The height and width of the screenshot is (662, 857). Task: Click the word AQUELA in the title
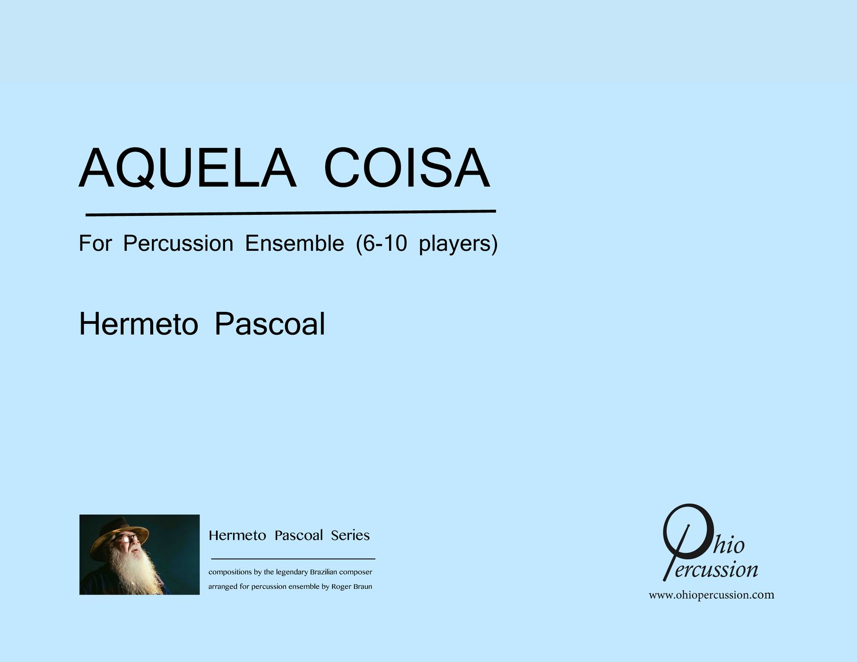[187, 168]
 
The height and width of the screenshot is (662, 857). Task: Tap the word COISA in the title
[407, 167]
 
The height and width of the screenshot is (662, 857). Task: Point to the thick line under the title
[291, 213]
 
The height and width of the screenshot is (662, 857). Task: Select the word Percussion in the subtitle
[178, 243]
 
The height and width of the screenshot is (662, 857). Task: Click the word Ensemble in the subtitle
[294, 243]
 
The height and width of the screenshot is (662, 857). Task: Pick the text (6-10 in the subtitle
[382, 244]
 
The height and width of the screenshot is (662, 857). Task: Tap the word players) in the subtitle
[458, 244]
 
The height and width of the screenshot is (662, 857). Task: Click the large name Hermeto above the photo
[138, 324]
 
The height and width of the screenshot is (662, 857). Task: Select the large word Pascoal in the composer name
[270, 324]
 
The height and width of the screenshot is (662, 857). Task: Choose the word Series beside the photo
[350, 535]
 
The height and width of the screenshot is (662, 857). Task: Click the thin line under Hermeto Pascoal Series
[293, 559]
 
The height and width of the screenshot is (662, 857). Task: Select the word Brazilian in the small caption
[324, 572]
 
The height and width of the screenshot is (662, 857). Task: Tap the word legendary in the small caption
[292, 572]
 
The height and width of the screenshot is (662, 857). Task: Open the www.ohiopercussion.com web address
[711, 595]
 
